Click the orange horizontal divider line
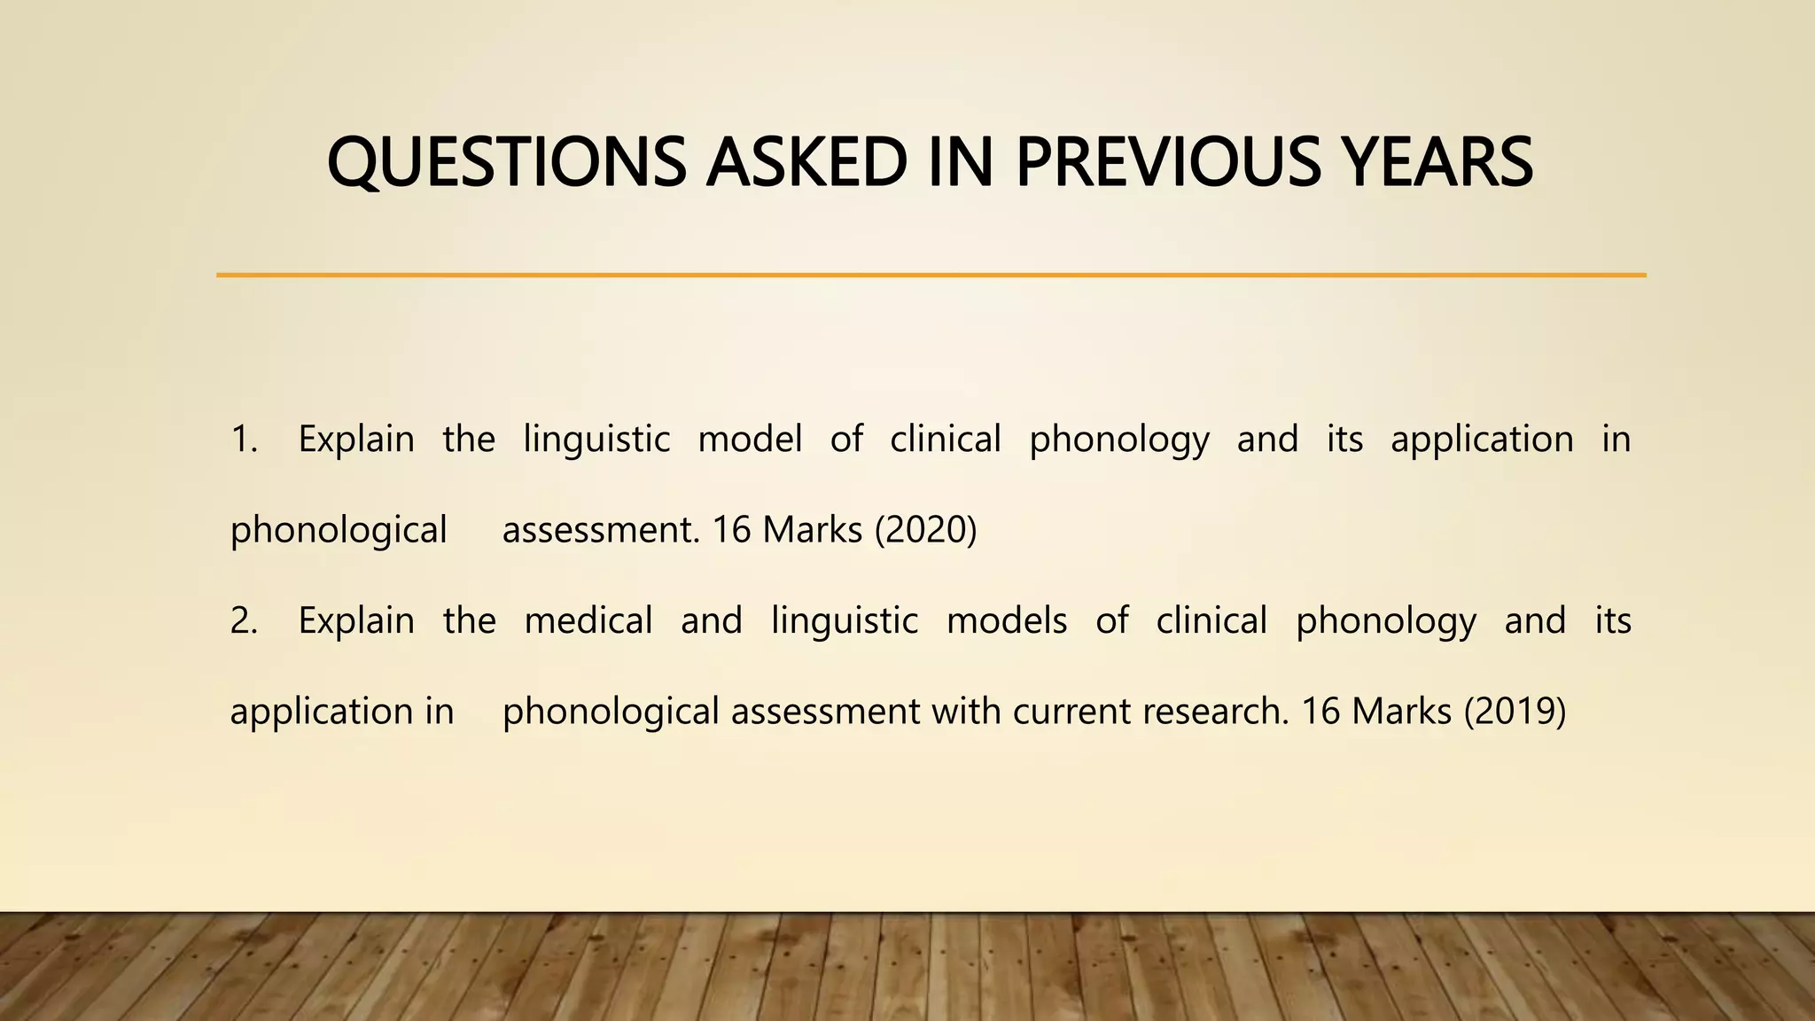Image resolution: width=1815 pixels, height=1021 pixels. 931,276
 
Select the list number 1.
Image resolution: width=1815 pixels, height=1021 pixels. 243,440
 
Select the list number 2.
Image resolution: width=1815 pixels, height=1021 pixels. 243,620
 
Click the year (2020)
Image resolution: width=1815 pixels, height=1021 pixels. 925,530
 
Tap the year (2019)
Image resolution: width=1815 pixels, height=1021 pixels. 1515,711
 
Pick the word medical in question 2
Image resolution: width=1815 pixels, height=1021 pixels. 588,620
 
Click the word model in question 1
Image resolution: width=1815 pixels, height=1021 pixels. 750,440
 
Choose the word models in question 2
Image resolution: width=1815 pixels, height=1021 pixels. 1007,620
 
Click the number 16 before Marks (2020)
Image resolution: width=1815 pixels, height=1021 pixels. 731,530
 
